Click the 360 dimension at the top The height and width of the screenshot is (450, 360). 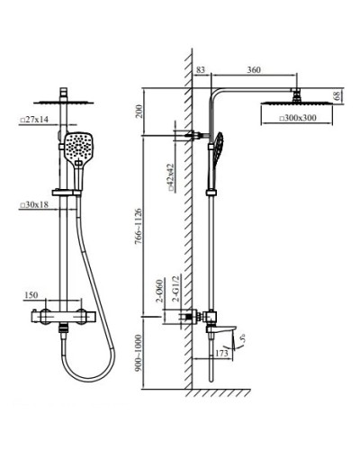coord(254,69)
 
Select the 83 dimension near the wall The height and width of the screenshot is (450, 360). coord(199,69)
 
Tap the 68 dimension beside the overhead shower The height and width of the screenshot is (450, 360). coord(336,95)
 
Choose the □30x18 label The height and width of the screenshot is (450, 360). coord(33,205)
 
